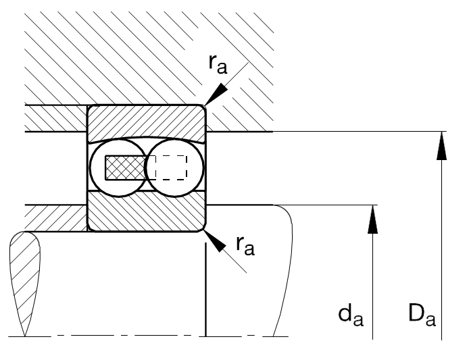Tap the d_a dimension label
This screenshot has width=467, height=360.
351,313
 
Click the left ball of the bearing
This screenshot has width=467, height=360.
116,168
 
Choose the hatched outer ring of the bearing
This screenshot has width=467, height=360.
146,121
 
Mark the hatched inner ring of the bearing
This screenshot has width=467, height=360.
146,212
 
